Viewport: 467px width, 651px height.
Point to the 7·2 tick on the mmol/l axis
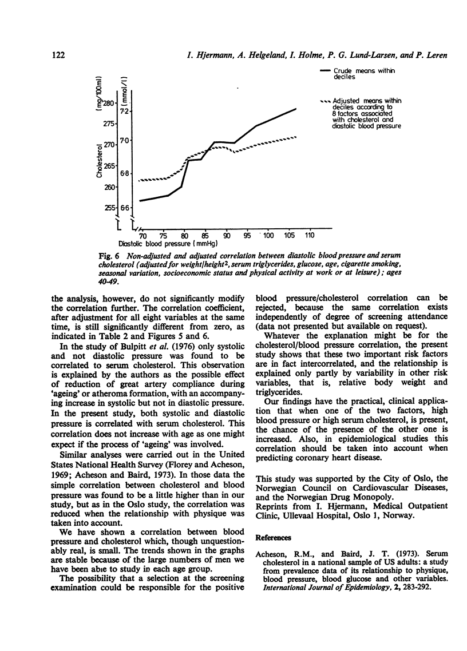coord(125,110)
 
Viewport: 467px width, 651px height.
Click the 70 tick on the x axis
coord(143,235)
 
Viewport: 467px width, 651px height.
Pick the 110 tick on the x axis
coord(310,235)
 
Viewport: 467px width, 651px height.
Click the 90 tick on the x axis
coord(227,235)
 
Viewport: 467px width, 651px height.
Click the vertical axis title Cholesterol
coord(100,161)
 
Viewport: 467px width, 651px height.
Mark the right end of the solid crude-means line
coord(296,108)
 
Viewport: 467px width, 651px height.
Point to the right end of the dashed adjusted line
coord(296,137)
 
